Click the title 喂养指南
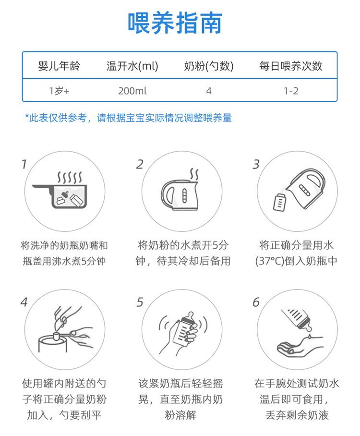175,23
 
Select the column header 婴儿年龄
59,66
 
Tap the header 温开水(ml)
132,66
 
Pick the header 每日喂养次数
291,66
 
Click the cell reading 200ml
132,91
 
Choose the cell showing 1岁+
59,91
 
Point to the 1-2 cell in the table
291,91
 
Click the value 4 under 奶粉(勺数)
209,91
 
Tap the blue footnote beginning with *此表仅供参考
128,118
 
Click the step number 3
256,164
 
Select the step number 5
140,302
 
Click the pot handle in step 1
42,187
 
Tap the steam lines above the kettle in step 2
194,174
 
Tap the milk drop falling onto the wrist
310,337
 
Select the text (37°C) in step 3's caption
270,261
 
